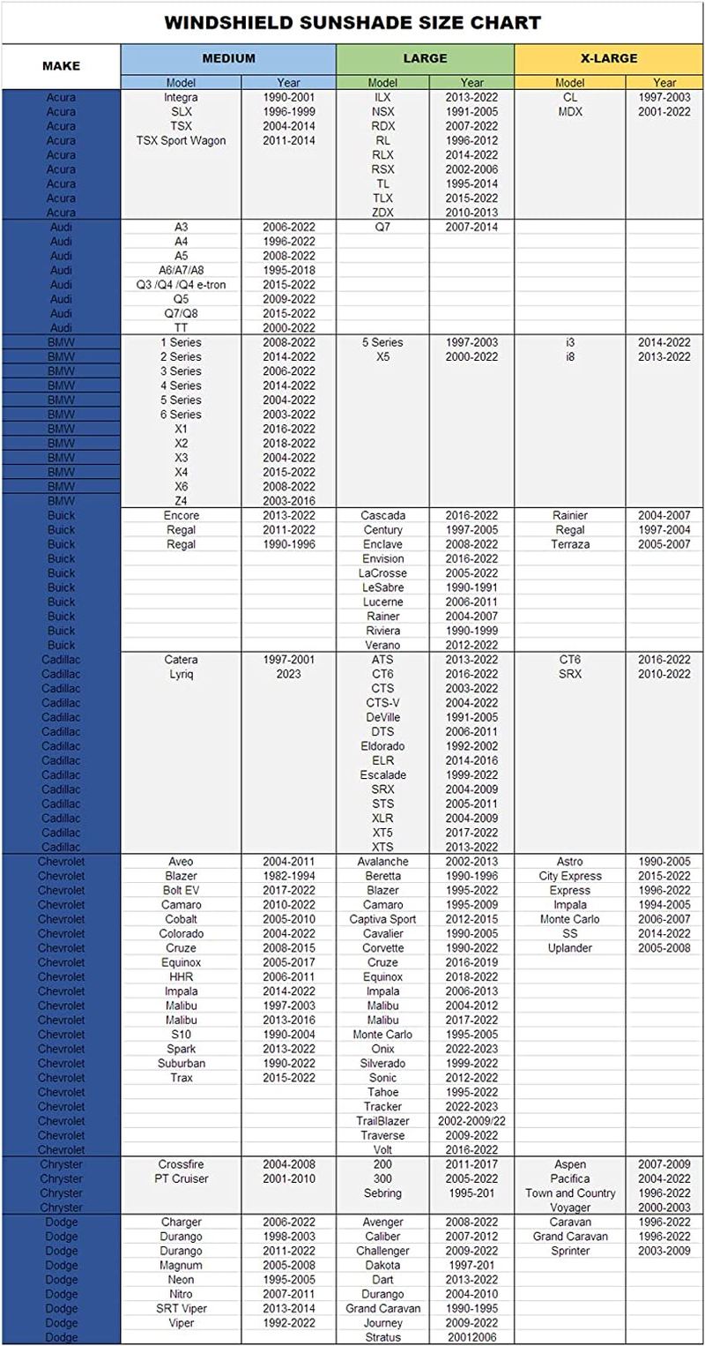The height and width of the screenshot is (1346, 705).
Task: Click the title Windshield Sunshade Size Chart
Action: pos(352,22)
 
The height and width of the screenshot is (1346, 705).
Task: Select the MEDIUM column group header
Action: pos(228,59)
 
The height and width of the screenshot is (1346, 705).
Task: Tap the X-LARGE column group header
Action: pos(608,59)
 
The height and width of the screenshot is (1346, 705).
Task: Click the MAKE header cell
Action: pos(61,66)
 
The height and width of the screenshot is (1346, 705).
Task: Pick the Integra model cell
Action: pos(181,97)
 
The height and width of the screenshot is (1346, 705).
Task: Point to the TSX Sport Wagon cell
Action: pos(181,140)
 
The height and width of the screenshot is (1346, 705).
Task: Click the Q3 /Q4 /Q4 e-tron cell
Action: pos(181,285)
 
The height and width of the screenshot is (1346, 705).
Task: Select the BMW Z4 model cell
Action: pos(181,501)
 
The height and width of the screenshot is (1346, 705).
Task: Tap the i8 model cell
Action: pos(570,357)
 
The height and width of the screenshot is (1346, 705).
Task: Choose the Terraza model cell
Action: pos(570,544)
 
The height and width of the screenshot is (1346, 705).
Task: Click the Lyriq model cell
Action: pos(181,674)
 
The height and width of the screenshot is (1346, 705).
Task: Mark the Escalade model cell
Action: pos(383,774)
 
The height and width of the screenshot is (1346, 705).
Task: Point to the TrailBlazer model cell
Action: pos(383,1121)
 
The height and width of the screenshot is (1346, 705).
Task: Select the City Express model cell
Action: pos(570,876)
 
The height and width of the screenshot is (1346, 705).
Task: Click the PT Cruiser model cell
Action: pos(181,1178)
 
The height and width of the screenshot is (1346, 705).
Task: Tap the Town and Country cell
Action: pos(570,1193)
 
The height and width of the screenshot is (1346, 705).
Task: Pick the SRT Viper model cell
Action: pos(181,1308)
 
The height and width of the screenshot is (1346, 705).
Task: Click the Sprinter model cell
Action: pos(570,1251)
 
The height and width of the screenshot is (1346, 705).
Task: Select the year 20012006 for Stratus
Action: pos(471,1337)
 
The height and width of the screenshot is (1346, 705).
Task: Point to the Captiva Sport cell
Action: pos(383,919)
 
